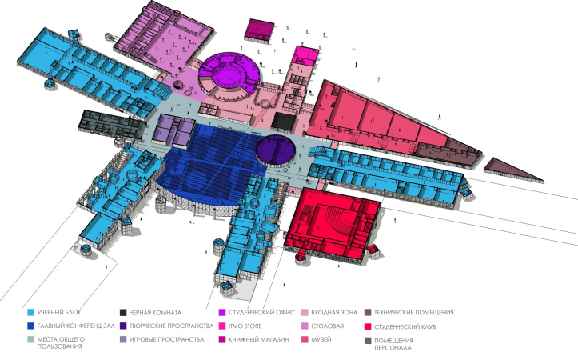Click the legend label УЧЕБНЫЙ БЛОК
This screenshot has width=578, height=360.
point(59,313)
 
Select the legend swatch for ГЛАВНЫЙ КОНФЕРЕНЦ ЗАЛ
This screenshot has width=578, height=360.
point(31,326)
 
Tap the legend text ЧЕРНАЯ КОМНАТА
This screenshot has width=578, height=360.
point(155,313)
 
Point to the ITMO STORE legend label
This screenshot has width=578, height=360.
point(245,326)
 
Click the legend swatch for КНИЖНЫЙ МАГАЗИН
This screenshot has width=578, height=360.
point(222,340)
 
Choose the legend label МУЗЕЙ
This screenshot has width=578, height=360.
point(321,339)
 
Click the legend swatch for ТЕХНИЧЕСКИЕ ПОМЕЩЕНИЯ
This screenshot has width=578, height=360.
point(368,313)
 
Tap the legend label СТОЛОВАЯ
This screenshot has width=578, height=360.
point(327,326)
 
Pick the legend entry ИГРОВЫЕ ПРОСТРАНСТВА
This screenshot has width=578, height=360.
point(166,339)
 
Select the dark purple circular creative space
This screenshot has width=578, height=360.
point(276,150)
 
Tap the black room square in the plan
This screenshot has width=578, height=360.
point(285,122)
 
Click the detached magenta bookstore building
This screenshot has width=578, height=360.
point(259,30)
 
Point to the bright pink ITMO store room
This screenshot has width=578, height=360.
point(305,55)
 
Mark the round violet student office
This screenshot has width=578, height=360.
point(229,75)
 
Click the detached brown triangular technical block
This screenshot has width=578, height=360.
point(512,170)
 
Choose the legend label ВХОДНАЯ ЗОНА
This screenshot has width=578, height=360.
point(334,313)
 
